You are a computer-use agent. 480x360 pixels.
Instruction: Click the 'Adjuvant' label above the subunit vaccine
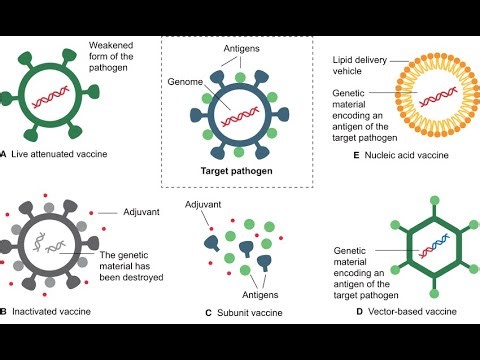point(205,205)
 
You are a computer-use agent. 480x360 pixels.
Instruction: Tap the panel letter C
point(209,312)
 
